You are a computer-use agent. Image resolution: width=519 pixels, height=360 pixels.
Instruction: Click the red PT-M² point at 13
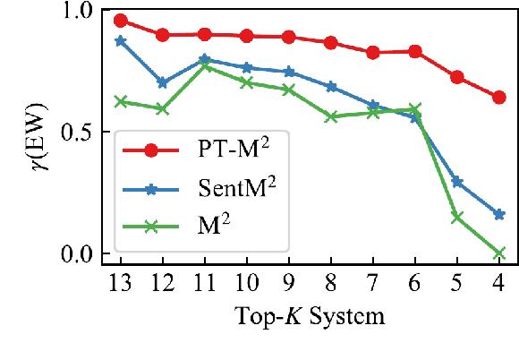click(121, 21)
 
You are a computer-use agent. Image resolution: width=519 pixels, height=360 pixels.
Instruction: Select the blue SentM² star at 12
click(163, 82)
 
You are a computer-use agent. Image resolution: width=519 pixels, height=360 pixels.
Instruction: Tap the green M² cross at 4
click(499, 253)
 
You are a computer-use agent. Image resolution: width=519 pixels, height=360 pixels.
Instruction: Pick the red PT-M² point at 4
click(499, 97)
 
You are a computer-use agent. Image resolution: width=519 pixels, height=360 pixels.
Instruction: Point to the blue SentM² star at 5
click(457, 182)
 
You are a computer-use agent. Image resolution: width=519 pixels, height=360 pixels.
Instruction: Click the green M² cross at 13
click(121, 101)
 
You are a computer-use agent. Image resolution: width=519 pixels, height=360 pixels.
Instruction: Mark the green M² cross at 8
click(331, 116)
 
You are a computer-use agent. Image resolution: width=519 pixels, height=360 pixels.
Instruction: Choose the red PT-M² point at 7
click(373, 53)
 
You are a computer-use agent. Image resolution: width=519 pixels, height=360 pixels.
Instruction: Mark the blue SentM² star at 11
click(205, 60)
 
